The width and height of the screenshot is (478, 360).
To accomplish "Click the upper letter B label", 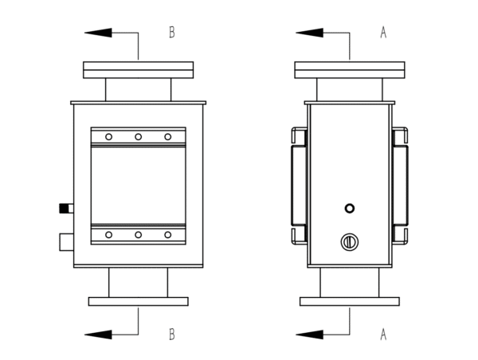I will (171, 33).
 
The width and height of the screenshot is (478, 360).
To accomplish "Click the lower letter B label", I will (171, 335).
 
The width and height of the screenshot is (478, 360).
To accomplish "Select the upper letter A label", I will (382, 33).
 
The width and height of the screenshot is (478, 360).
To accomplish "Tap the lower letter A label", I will (382, 335).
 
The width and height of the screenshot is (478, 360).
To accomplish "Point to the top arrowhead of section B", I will (97, 33).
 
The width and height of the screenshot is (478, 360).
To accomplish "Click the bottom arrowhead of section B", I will (97, 335).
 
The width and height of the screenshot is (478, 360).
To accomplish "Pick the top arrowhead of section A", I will (309, 33).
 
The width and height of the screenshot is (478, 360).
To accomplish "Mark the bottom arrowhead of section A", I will (309, 335).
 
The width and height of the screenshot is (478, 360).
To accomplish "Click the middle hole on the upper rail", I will (138, 137).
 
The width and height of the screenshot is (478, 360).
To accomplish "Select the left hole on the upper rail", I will (108, 137).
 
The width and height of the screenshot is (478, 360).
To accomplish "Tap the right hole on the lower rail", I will (167, 235).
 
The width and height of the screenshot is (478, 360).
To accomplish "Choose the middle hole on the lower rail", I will (138, 235).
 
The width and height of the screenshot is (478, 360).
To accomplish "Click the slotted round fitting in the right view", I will (348, 241).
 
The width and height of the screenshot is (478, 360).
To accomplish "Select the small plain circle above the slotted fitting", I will (349, 208).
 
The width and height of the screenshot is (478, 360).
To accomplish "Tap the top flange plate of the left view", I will (138, 70).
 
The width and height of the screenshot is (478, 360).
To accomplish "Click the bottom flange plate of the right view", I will (349, 302).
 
